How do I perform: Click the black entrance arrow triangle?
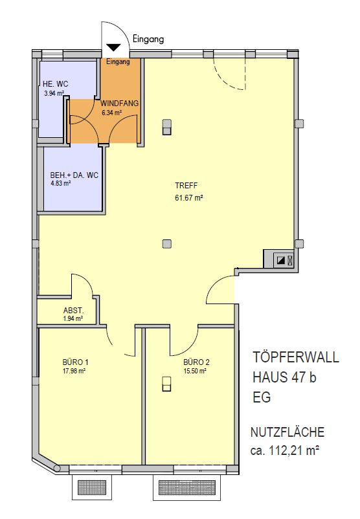click(x=114, y=48)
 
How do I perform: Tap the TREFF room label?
click(x=186, y=186)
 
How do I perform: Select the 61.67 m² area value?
click(x=189, y=198)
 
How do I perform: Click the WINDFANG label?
click(x=120, y=104)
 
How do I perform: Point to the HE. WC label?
click(x=55, y=84)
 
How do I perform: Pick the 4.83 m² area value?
click(x=61, y=183)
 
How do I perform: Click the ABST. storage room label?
click(x=74, y=311)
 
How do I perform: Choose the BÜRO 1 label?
click(x=76, y=362)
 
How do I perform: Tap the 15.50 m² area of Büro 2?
click(x=195, y=371)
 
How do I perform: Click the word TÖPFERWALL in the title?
click(x=296, y=357)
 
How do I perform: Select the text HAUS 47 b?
click(x=284, y=377)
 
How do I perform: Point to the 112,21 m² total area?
click(x=294, y=450)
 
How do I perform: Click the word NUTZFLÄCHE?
click(x=287, y=432)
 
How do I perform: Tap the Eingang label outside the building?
click(x=148, y=39)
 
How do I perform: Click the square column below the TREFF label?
click(x=167, y=244)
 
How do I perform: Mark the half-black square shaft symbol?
click(x=281, y=261)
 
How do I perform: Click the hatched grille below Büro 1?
click(x=91, y=487)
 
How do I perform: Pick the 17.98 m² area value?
click(x=74, y=371)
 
